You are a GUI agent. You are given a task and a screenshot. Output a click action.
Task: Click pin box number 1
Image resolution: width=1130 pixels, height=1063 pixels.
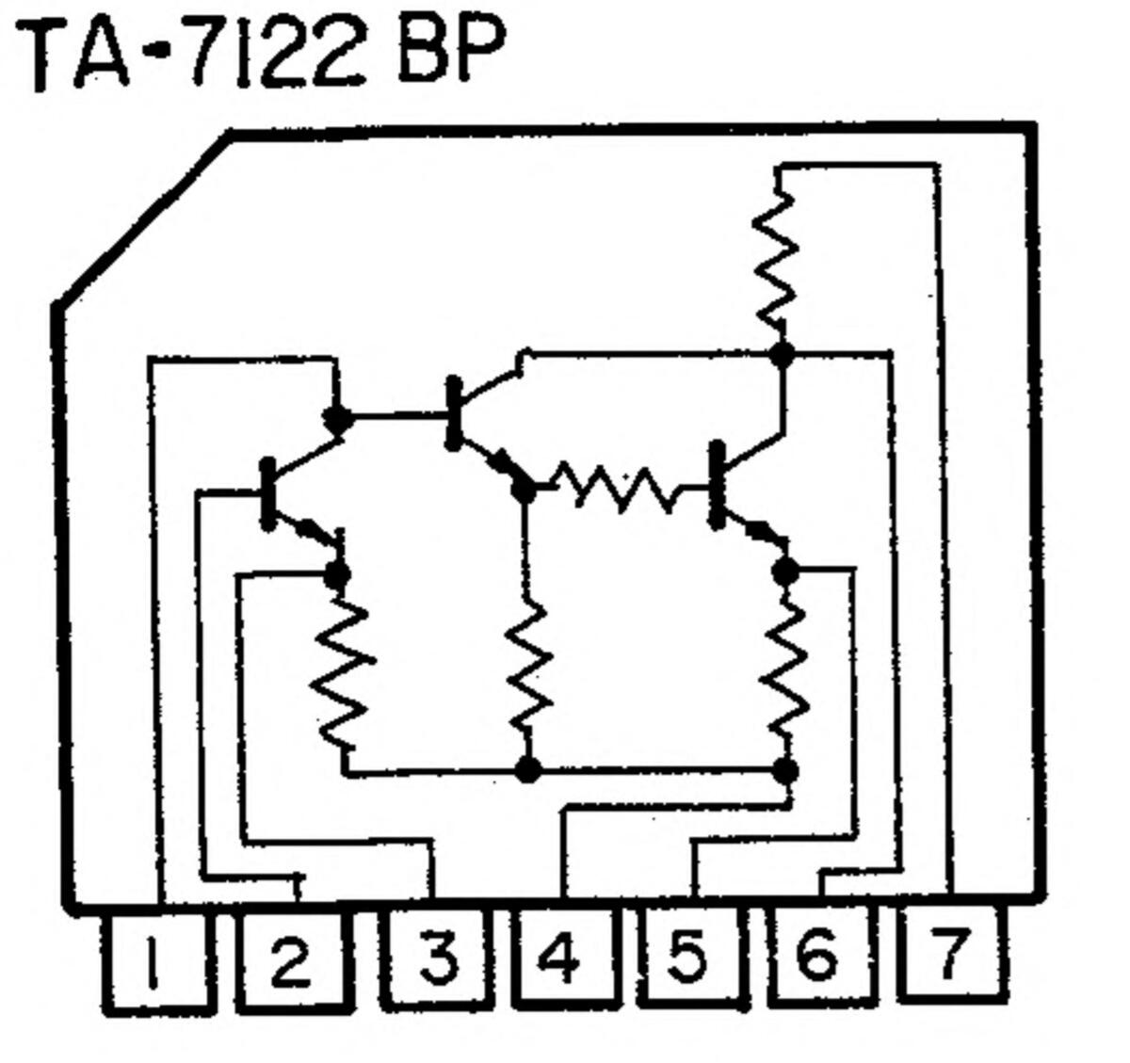(153, 964)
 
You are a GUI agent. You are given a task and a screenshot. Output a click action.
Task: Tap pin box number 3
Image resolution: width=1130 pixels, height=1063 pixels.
(439, 958)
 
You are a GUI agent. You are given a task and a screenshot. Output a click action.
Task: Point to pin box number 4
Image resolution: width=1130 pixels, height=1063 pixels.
(562, 958)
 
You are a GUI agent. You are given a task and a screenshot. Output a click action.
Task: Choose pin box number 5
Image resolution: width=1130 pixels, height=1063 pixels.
(690, 957)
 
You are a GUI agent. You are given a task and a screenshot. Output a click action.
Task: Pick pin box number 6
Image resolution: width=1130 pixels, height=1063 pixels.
(817, 955)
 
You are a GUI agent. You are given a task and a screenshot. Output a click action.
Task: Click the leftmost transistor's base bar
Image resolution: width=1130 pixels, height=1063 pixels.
(267, 493)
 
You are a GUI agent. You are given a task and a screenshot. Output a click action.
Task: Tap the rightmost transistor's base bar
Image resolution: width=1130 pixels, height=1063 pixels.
(718, 484)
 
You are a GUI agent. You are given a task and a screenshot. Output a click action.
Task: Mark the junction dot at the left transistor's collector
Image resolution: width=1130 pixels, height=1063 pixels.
(336, 417)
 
